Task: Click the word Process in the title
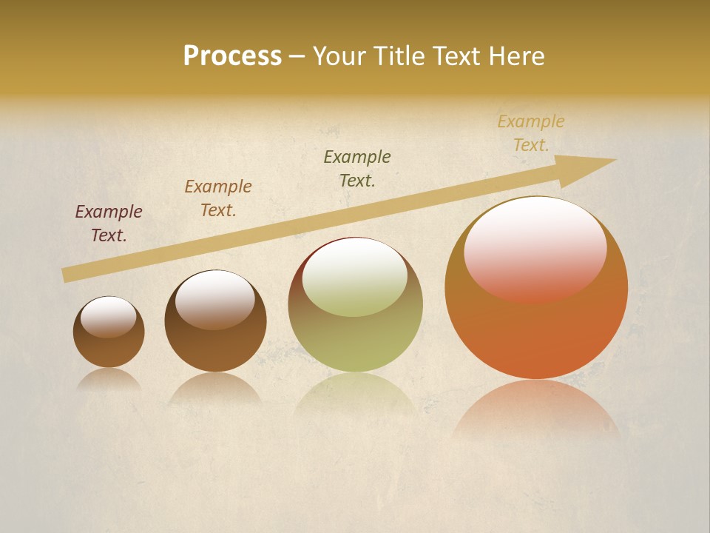pyautogui.click(x=232, y=56)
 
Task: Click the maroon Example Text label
pyautogui.click(x=109, y=224)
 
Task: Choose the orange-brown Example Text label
pyautogui.click(x=218, y=198)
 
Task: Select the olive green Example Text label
pyautogui.click(x=357, y=169)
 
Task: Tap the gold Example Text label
pyautogui.click(x=531, y=133)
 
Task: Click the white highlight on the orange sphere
pyautogui.click(x=535, y=248)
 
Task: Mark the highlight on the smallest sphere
pyautogui.click(x=109, y=317)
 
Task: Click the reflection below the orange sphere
pyautogui.click(x=535, y=407)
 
